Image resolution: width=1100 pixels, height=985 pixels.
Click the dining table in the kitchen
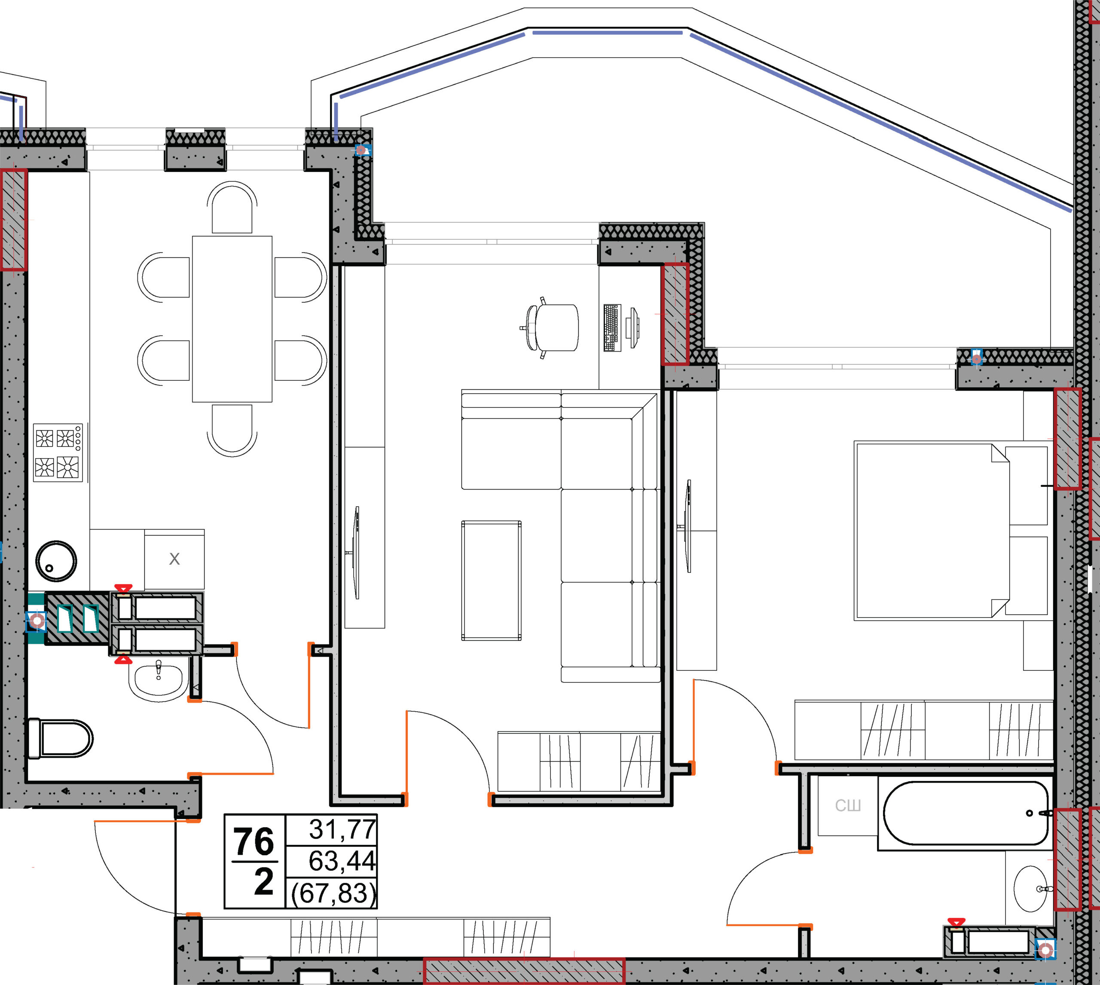tap(232, 319)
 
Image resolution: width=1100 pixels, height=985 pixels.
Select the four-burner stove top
tap(58, 453)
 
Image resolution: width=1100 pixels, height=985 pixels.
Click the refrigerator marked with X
tap(174, 559)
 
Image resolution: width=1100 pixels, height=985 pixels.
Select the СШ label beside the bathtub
tap(848, 806)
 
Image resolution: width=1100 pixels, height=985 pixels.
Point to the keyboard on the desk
tap(612, 327)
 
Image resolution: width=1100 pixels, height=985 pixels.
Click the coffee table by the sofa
tap(491, 580)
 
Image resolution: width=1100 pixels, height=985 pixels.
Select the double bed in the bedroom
tap(932, 530)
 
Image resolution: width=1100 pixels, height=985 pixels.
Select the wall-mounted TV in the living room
tap(356, 553)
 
